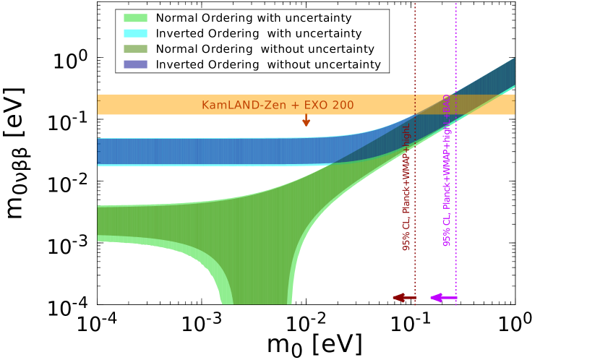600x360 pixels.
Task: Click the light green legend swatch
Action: (135, 18)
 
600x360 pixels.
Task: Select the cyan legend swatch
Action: (135, 33)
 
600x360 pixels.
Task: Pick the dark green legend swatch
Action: (135, 49)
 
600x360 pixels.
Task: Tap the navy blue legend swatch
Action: (135, 64)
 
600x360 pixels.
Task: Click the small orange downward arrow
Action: (307, 120)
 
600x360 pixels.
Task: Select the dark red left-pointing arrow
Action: (403, 298)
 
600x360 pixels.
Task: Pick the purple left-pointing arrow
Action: (443, 298)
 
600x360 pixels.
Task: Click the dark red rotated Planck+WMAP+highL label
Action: (407, 187)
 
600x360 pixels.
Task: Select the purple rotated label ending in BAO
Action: (447, 170)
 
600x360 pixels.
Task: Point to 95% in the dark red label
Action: (407, 243)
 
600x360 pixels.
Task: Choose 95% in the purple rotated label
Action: (447, 239)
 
